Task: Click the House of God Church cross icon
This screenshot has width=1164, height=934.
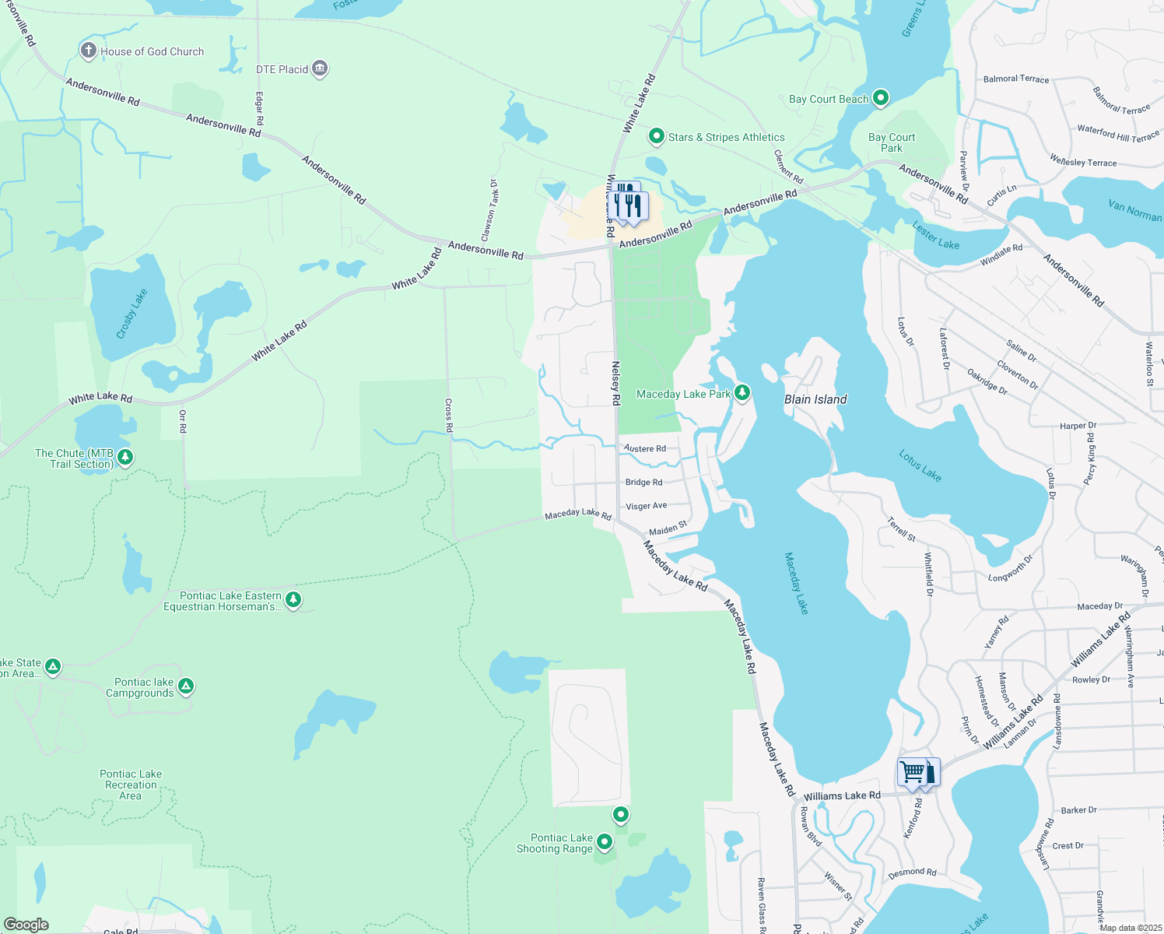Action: pos(89,51)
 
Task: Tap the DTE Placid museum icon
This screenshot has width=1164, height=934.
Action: pos(320,69)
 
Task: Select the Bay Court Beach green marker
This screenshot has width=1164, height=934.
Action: pos(881,98)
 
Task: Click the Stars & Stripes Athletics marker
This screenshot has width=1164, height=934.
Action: pos(656,137)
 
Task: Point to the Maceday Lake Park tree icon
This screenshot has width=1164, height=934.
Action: pos(742,393)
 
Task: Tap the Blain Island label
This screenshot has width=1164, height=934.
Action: pos(815,399)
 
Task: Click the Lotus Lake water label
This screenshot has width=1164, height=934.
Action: pos(920,465)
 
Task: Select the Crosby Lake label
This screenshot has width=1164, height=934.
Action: pos(131,314)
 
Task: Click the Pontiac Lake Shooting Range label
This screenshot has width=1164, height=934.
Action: pos(555,843)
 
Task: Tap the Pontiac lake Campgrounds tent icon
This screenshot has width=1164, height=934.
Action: pos(185,686)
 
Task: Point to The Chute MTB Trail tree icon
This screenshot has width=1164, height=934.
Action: pos(125,457)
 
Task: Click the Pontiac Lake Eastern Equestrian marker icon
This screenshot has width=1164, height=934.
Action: pos(293,599)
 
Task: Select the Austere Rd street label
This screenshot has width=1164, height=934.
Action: pos(645,449)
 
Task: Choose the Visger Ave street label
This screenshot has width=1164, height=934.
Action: pos(647,506)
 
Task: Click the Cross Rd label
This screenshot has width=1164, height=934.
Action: pos(449,416)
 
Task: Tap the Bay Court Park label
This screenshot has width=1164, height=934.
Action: pos(892,142)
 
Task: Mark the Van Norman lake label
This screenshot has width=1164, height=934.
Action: pos(1134,210)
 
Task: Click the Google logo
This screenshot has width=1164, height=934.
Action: pos(26,925)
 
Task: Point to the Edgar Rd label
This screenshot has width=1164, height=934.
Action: pos(260,109)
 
